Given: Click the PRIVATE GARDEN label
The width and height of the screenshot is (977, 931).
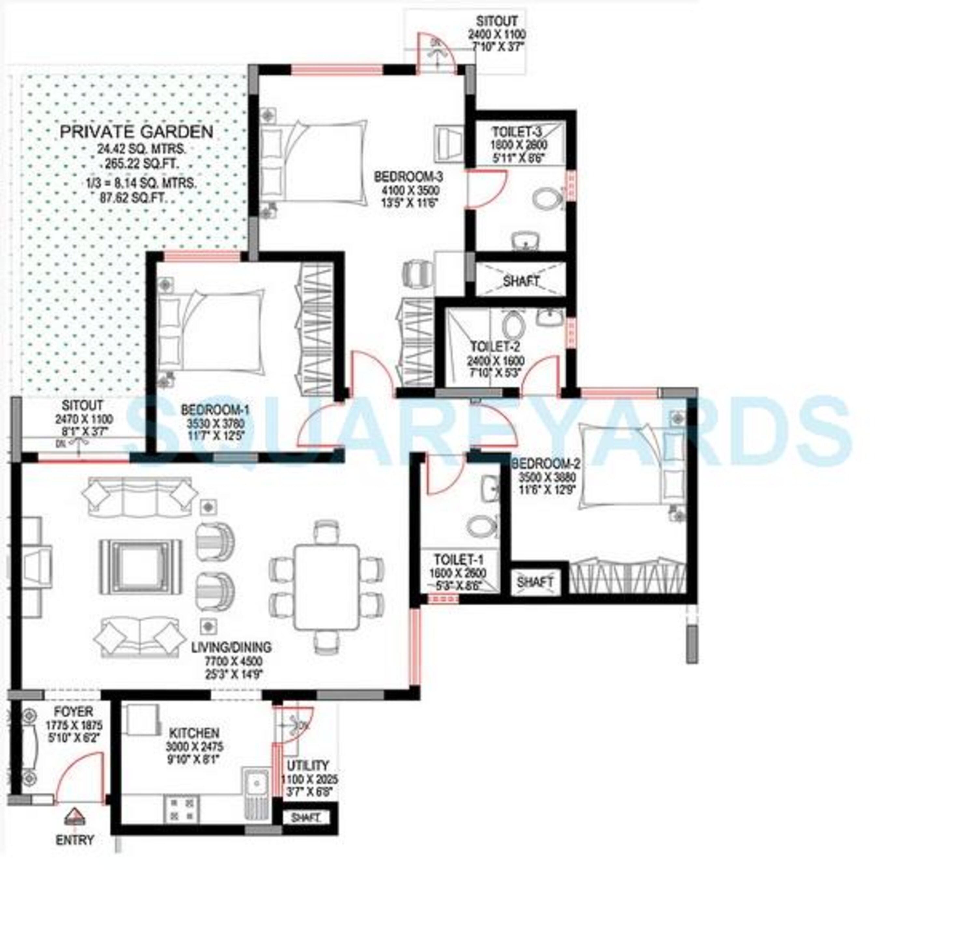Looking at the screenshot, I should click(136, 132).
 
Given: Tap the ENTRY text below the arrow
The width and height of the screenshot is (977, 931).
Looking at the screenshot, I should click(75, 840).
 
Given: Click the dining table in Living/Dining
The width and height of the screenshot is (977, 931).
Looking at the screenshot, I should click(327, 587).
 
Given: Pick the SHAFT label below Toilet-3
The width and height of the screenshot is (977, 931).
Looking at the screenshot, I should click(520, 281).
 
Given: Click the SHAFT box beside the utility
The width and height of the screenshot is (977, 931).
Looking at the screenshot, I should click(306, 817).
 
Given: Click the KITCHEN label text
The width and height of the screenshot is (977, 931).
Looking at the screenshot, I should click(194, 733).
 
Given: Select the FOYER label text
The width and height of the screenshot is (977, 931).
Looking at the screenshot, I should click(73, 712).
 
